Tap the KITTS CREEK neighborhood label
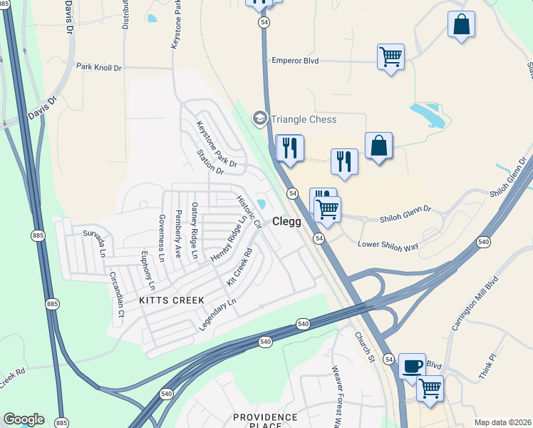click(172, 300)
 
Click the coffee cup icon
click(412, 366)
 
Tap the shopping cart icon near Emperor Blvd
click(390, 56)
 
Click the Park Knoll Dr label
click(99, 67)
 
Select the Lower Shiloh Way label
click(388, 245)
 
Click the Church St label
click(363, 347)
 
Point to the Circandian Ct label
click(116, 293)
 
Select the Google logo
click(24, 419)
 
